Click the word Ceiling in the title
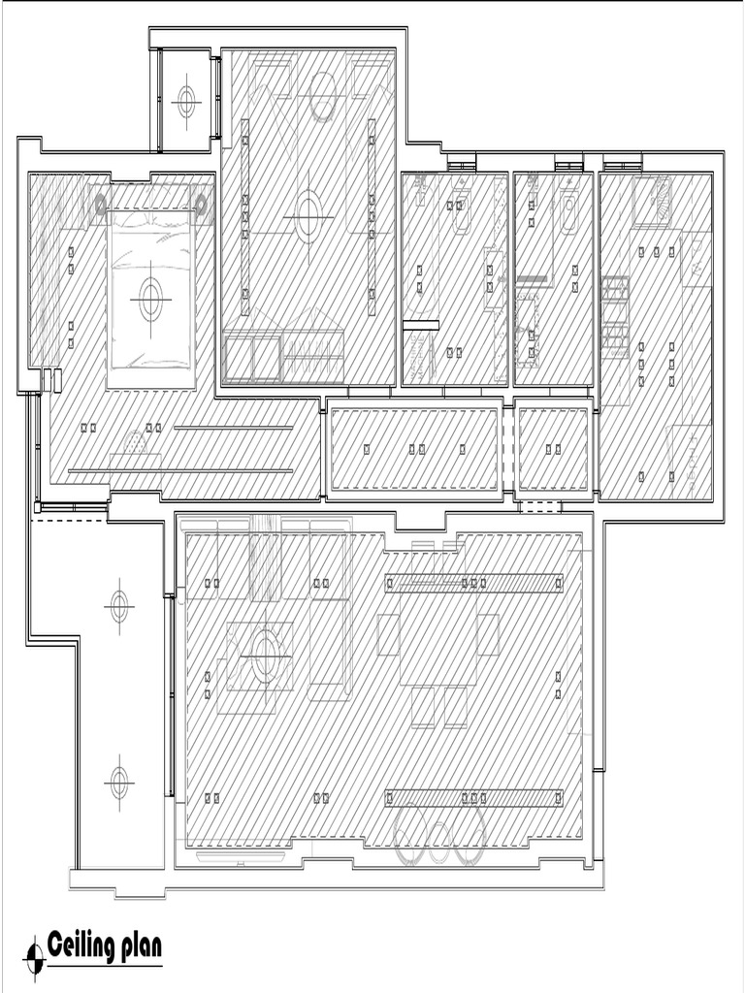(x=81, y=945)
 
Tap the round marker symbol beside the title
(x=35, y=957)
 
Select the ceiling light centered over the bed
(x=150, y=300)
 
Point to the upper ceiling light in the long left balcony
(x=119, y=607)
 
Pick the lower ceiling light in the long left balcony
(x=118, y=782)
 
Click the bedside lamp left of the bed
(x=99, y=205)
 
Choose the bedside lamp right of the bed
(x=202, y=205)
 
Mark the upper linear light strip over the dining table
(x=474, y=583)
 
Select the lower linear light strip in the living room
(x=474, y=798)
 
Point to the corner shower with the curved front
(x=651, y=201)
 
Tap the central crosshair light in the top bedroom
(x=308, y=216)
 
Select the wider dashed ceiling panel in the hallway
(x=414, y=449)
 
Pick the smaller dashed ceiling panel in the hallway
(x=553, y=449)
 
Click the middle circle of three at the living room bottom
(x=440, y=840)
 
